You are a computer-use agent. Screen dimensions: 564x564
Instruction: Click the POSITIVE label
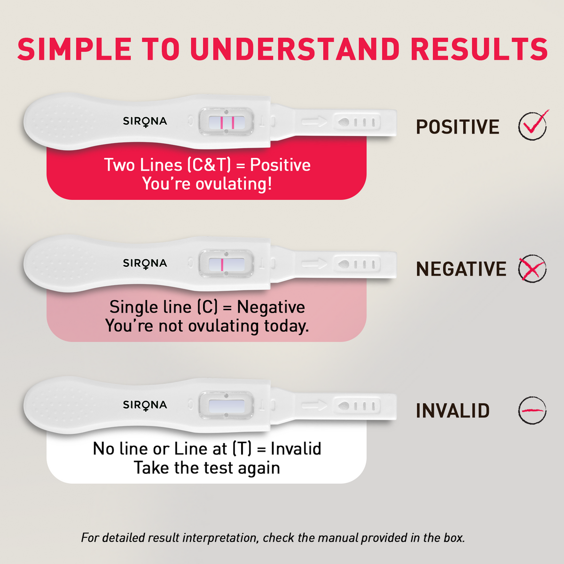click(457, 127)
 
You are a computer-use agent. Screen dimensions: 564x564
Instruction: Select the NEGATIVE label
click(461, 269)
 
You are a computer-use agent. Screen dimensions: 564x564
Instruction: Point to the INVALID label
click(453, 411)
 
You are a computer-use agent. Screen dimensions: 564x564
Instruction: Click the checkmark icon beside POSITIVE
click(533, 126)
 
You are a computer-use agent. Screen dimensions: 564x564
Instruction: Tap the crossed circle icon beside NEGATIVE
click(532, 269)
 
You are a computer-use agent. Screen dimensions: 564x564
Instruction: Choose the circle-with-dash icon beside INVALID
click(532, 410)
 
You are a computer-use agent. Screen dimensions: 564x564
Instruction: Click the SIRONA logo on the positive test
click(145, 121)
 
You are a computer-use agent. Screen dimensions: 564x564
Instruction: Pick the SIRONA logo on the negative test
click(145, 263)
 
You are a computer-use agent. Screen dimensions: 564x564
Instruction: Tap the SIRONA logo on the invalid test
click(145, 405)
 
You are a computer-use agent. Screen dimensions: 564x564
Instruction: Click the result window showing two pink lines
click(226, 123)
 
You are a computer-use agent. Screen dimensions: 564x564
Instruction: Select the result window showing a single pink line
click(226, 265)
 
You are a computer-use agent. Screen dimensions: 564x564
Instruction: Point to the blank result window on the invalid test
click(226, 405)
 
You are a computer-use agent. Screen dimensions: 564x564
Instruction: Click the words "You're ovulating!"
click(207, 184)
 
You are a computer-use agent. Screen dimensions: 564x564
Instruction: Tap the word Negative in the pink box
click(271, 307)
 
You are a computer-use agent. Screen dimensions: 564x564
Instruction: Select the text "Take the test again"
click(207, 468)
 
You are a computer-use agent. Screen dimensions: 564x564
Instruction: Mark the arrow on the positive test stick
click(313, 122)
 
